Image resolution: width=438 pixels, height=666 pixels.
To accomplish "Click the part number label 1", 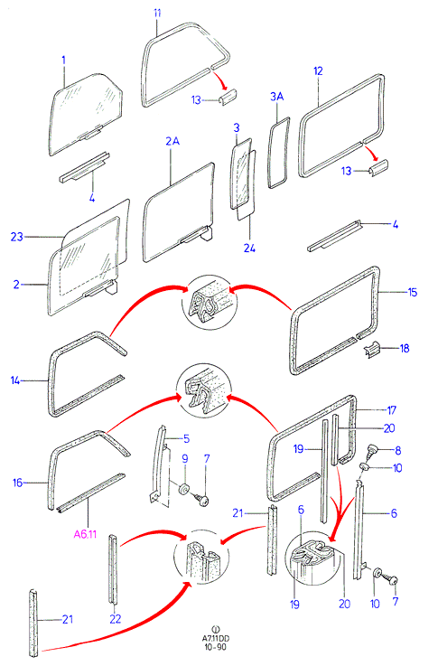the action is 63,60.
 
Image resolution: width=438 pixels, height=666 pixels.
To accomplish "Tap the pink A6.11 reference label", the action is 85,534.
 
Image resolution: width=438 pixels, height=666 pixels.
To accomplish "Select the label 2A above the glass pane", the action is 172,141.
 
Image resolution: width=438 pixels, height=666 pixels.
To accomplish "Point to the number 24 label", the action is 249,248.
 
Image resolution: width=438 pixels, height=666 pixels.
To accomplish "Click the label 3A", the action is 276,97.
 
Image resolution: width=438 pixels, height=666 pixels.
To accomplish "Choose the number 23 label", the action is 16,237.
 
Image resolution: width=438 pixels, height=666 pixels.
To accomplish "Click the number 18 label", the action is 405,348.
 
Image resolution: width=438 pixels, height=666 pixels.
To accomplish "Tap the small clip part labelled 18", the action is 372,350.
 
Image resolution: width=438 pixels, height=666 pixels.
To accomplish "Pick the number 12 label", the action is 318,70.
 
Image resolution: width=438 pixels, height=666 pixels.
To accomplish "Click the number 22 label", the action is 115,619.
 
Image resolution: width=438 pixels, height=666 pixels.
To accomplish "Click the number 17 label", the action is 391,410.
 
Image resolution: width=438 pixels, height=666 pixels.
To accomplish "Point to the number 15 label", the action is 413,292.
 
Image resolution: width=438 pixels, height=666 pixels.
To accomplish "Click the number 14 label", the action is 15,380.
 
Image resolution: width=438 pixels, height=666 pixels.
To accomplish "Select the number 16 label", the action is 17,483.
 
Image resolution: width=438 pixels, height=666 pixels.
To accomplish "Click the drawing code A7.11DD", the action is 216,638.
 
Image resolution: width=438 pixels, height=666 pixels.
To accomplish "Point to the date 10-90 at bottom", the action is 216,647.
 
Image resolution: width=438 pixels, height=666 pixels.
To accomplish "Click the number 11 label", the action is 157,14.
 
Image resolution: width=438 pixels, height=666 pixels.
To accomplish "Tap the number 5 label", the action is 186,439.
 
